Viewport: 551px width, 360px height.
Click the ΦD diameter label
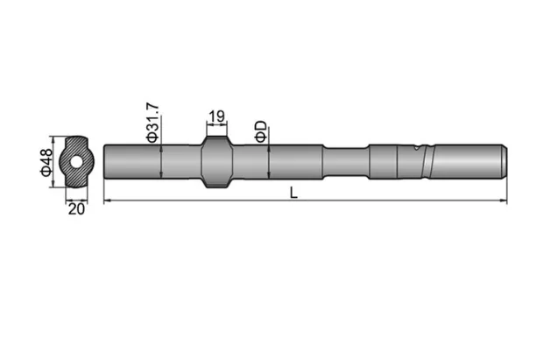click(x=259, y=133)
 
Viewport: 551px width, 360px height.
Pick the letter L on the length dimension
click(x=293, y=193)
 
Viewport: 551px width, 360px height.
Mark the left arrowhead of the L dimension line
click(x=108, y=202)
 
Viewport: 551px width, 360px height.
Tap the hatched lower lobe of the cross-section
click(x=77, y=178)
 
